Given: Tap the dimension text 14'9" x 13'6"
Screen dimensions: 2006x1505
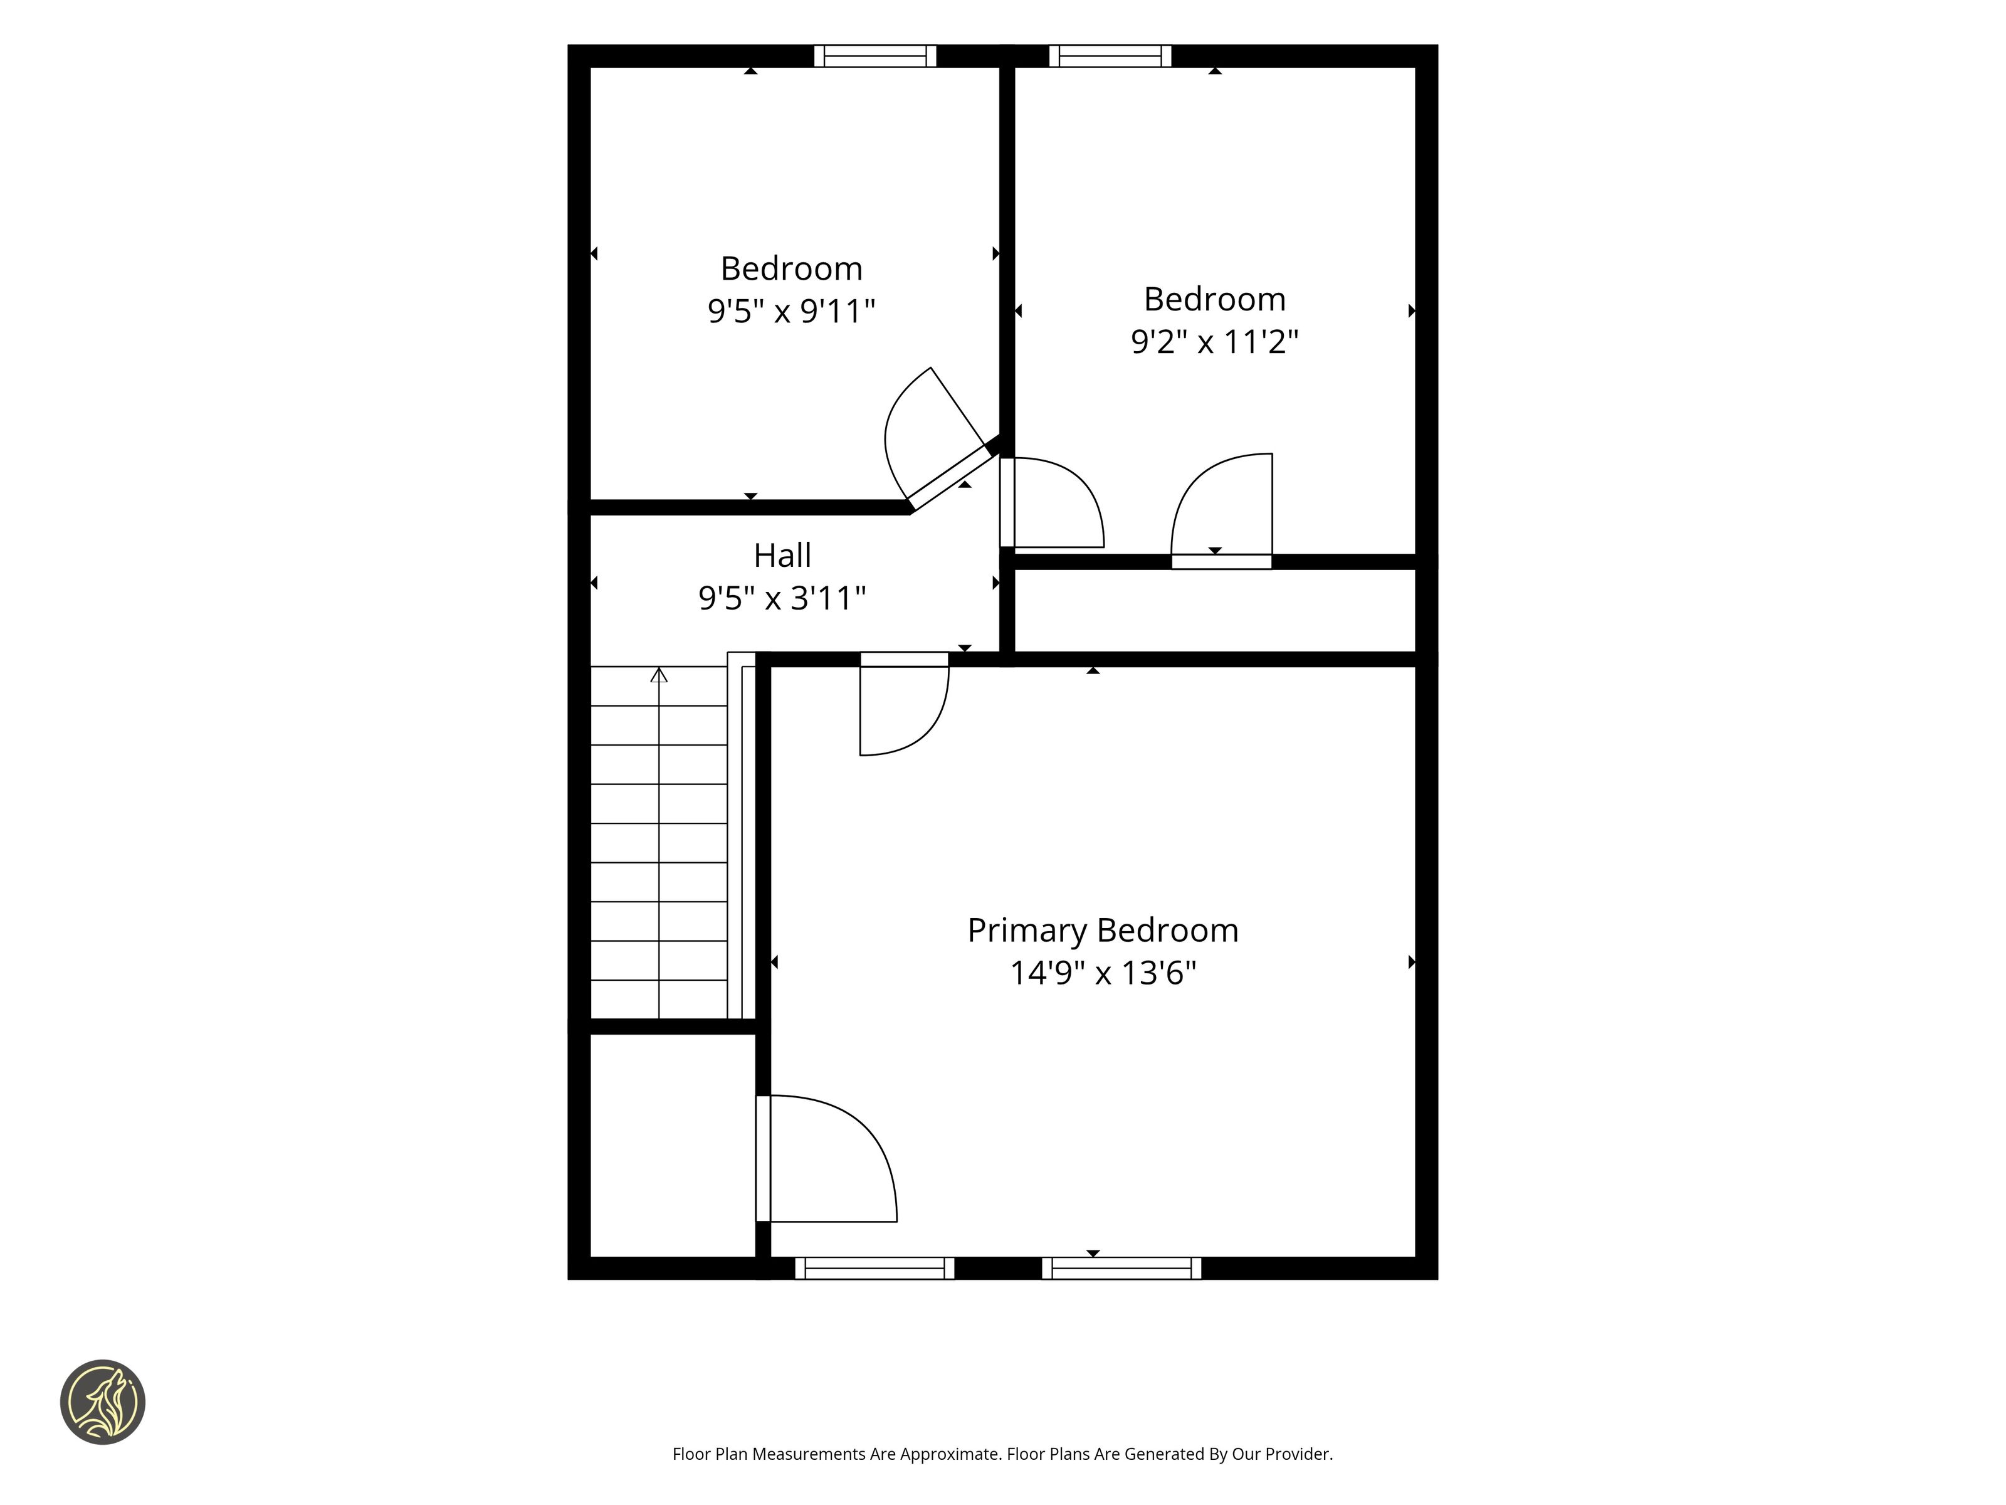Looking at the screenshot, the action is click(x=1103, y=973).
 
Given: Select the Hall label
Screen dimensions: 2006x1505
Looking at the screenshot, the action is click(x=782, y=555).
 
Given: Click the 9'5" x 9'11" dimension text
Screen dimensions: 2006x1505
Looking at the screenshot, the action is click(x=790, y=311).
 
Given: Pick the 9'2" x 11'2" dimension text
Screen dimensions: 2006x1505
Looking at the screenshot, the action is click(x=1214, y=342).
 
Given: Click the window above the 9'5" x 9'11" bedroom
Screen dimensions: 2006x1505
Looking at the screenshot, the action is click(x=875, y=55).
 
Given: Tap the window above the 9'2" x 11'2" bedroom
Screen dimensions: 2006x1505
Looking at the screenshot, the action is click(x=1110, y=55).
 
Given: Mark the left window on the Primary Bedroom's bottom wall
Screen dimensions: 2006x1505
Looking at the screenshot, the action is click(x=875, y=1268).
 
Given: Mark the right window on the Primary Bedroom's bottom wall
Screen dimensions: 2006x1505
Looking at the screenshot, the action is click(x=1122, y=1268).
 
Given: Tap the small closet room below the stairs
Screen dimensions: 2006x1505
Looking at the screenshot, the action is click(x=673, y=1145).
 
